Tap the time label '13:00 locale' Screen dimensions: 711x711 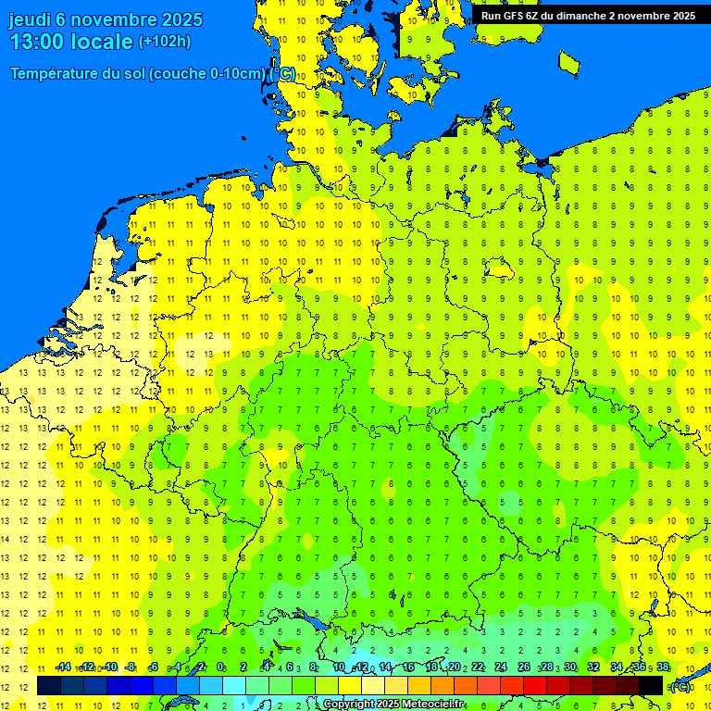[x=71, y=42]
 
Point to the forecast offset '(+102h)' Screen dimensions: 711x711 [x=165, y=42]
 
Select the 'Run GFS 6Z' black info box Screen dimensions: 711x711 [x=588, y=15]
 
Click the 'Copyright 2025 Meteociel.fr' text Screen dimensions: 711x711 [x=393, y=704]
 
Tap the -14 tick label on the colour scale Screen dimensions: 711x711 [x=63, y=667]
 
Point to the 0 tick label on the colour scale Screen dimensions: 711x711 [x=220, y=667]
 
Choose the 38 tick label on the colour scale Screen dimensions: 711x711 [x=663, y=667]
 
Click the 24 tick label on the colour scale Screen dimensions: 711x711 [x=501, y=667]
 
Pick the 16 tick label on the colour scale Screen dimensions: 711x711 [x=408, y=667]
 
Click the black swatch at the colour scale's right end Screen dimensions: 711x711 [x=651, y=685]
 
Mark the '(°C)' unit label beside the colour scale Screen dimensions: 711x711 [x=680, y=686]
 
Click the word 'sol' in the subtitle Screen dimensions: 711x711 [x=131, y=74]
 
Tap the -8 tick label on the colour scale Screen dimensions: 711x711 [x=131, y=667]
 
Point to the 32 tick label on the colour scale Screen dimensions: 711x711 [x=593, y=667]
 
